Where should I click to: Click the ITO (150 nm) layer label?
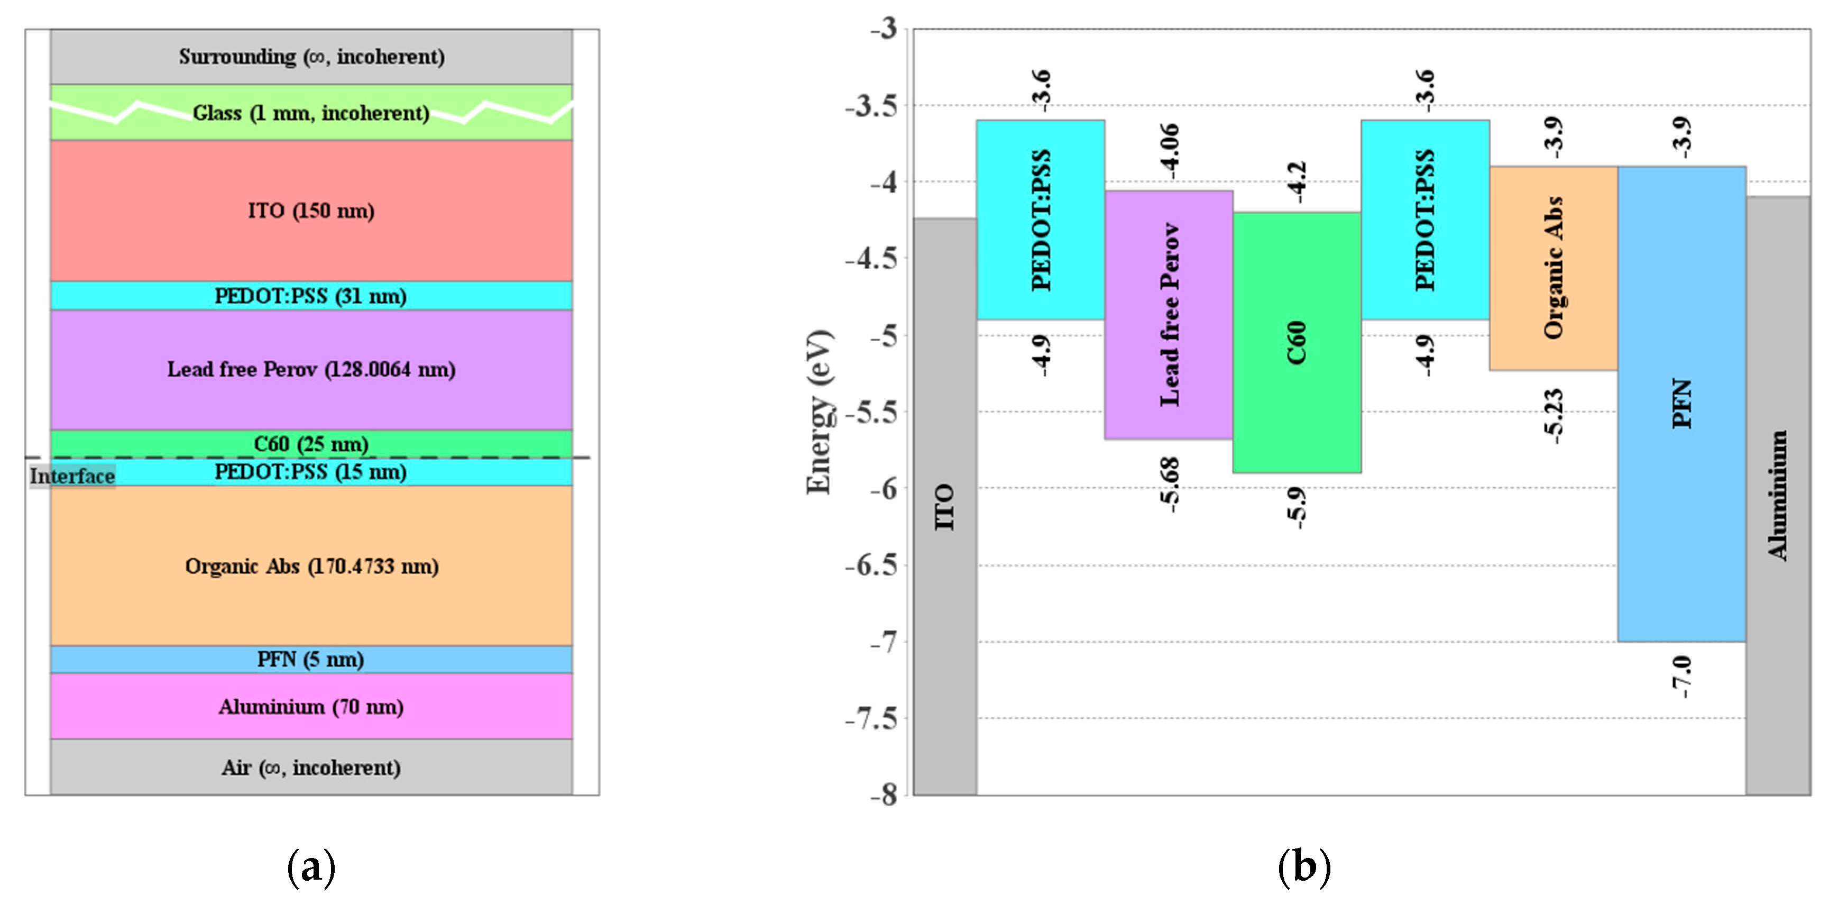point(311,211)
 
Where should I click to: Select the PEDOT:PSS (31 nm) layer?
point(311,296)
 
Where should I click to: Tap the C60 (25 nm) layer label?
point(311,444)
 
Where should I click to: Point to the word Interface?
point(72,476)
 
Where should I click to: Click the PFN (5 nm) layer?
point(311,660)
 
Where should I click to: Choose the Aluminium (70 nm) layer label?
point(311,707)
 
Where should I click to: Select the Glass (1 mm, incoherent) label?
point(311,113)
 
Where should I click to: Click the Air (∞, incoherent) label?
point(311,768)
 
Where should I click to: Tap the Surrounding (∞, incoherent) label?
point(311,57)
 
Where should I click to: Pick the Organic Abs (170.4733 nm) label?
point(311,566)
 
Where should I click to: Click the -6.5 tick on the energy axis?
point(871,566)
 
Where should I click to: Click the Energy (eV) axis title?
point(818,412)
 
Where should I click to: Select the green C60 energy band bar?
point(1297,342)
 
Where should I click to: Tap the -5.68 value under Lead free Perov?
point(1170,485)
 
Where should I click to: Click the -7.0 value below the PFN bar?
point(1681,677)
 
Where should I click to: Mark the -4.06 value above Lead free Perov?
point(1170,151)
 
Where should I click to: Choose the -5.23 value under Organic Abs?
point(1554,416)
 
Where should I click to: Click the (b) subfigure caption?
point(1303,867)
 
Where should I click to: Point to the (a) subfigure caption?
point(311,867)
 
